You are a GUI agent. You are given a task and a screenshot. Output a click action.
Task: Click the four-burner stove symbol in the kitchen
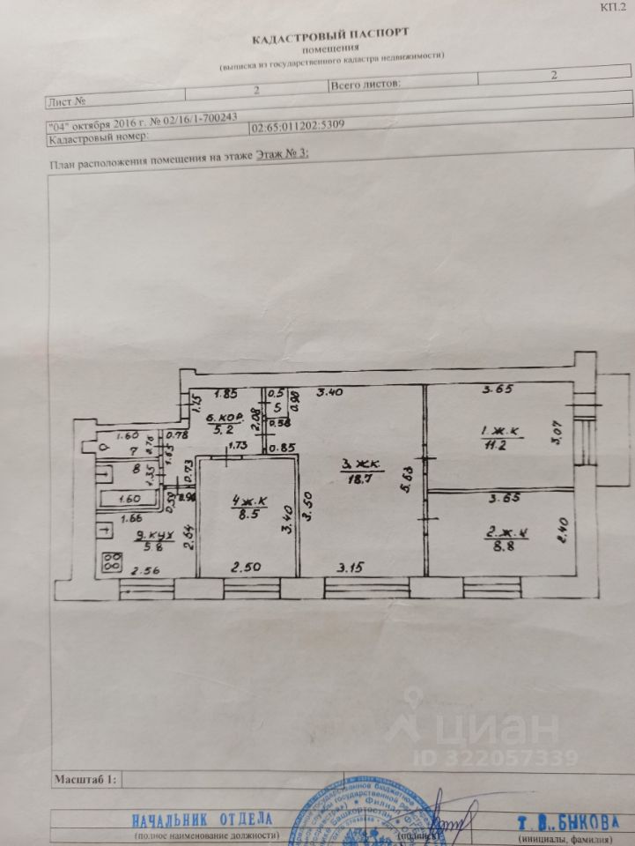tap(112, 561)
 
